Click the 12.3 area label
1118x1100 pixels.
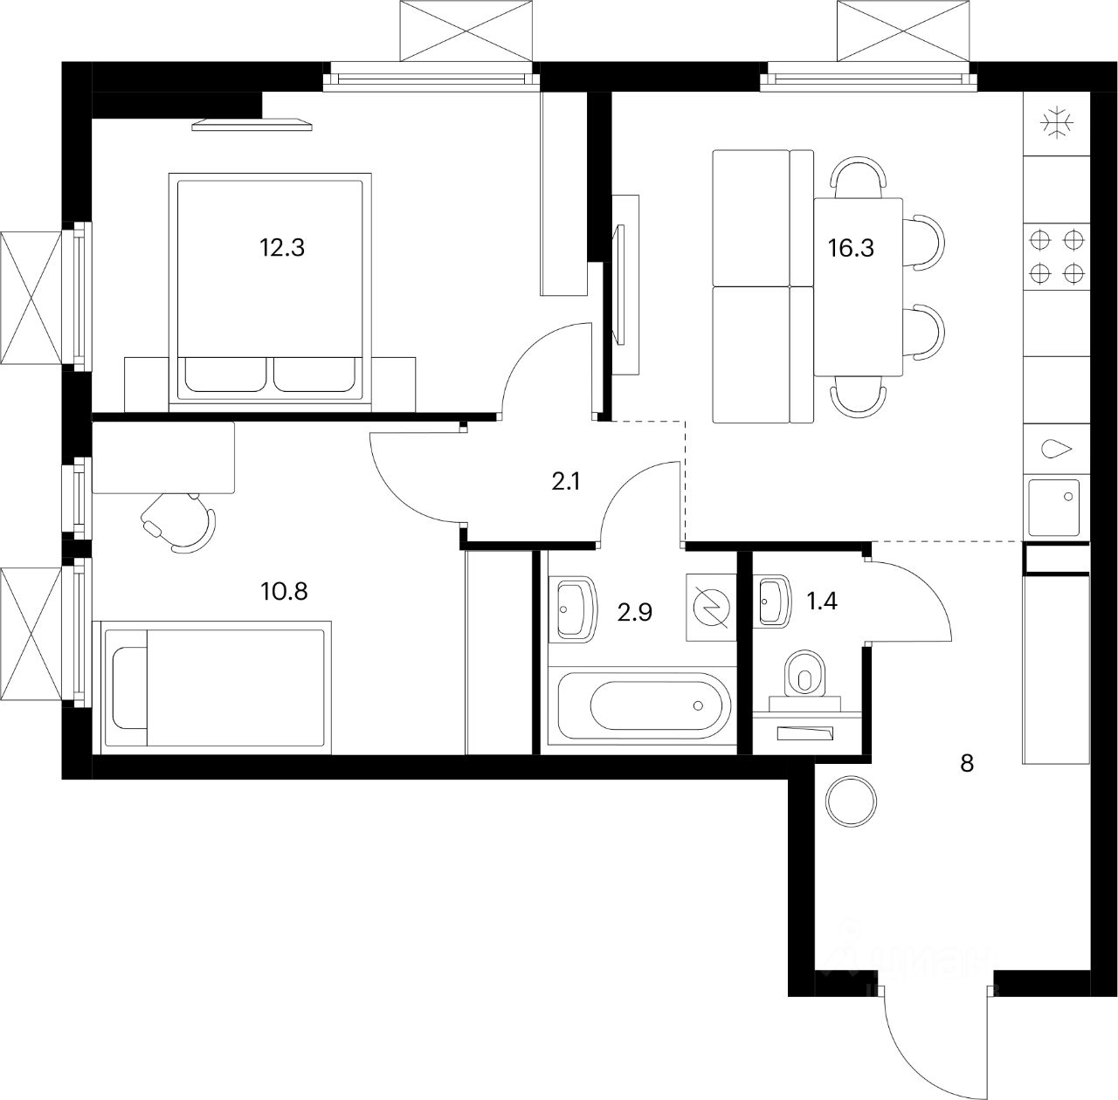(281, 248)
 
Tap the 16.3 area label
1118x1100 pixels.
(850, 248)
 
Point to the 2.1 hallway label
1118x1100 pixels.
(566, 481)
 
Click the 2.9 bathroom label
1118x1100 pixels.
(635, 612)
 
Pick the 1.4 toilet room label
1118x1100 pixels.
(823, 601)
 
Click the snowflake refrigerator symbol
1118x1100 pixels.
(1056, 123)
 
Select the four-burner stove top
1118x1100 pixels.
(1056, 256)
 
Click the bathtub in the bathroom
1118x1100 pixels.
(646, 705)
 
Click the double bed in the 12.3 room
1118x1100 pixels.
(270, 287)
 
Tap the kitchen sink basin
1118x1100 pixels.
(1055, 506)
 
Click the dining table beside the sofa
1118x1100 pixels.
(859, 285)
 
